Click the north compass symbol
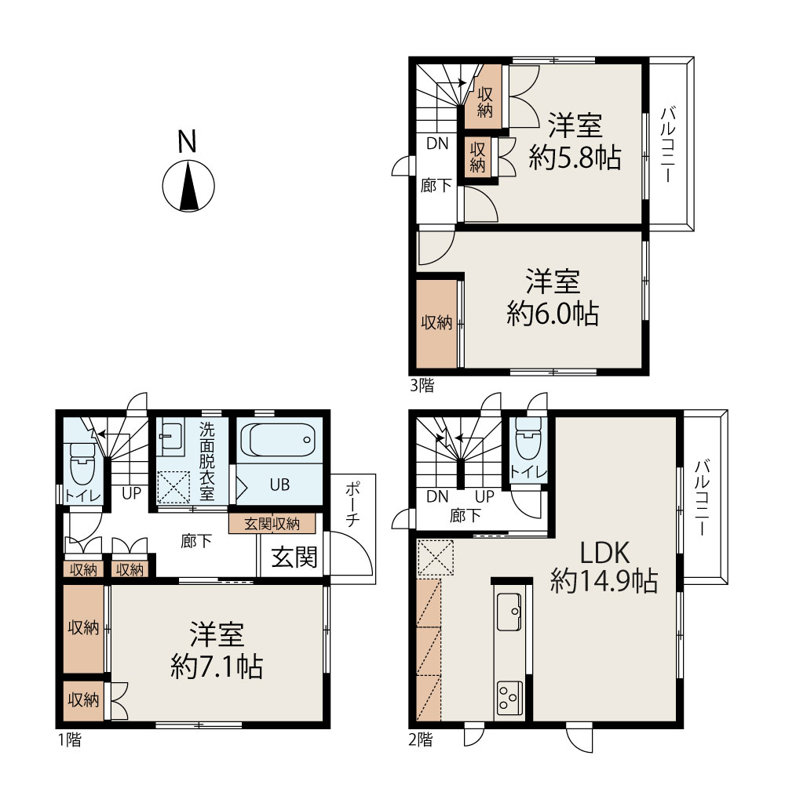click(188, 186)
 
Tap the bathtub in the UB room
click(279, 440)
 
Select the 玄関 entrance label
click(294, 557)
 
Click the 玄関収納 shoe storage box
click(272, 523)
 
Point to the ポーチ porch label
click(352, 503)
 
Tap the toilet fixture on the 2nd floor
click(528, 437)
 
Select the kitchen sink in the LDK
click(509, 612)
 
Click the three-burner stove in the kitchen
click(509, 698)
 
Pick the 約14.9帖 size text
click(604, 580)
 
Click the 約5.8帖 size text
click(575, 157)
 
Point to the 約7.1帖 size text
click(217, 667)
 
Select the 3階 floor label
click(422, 385)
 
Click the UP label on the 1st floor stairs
click(131, 492)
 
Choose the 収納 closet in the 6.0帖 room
click(437, 323)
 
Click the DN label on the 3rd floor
click(437, 143)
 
